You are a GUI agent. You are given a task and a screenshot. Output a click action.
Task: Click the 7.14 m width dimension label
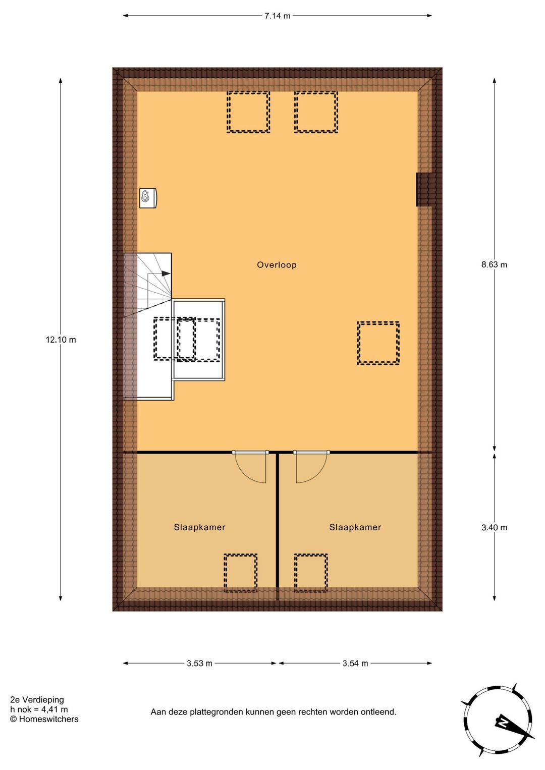277,16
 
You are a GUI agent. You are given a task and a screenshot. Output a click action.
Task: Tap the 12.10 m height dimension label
61,340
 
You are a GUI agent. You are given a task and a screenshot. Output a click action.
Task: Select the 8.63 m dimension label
494,264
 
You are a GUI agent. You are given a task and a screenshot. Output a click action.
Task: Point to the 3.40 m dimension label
494,527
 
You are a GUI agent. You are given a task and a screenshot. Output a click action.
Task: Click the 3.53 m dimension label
199,663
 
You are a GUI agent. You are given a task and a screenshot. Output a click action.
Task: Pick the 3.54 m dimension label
355,663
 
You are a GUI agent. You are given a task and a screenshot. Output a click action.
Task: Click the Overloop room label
277,265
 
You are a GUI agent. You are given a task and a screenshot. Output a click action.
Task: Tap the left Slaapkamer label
199,527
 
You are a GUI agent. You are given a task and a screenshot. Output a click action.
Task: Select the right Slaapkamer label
355,527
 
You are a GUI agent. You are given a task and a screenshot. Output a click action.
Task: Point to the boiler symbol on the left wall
148,198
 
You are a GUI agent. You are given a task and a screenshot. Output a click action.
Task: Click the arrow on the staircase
165,273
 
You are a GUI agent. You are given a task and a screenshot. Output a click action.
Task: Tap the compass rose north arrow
505,723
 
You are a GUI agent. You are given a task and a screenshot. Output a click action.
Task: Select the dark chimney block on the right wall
425,189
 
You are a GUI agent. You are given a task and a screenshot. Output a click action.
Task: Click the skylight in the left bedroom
240,573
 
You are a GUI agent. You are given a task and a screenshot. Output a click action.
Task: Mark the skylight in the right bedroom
311,573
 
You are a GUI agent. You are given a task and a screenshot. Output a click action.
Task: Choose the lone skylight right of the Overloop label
378,343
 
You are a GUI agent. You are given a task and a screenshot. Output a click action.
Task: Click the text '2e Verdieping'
37,699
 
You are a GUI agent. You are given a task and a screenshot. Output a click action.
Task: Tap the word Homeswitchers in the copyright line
48,719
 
